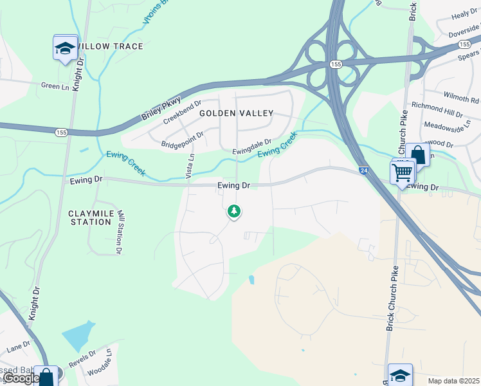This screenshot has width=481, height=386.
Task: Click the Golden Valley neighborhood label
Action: tap(236, 113)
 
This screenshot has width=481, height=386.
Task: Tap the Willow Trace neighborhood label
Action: tap(110, 47)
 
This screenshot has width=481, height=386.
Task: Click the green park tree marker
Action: tap(234, 211)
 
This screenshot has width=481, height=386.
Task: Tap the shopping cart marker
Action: tap(402, 172)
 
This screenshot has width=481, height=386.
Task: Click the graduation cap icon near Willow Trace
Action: tap(65, 49)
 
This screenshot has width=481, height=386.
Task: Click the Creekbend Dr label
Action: tap(183, 111)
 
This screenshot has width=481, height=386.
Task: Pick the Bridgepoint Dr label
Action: tap(183, 139)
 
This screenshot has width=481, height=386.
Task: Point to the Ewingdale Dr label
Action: tap(252, 147)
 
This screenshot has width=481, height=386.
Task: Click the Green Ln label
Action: tap(55, 86)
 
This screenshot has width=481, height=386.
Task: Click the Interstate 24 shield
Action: tap(363, 170)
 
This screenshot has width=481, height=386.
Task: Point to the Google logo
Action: tap(21, 378)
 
